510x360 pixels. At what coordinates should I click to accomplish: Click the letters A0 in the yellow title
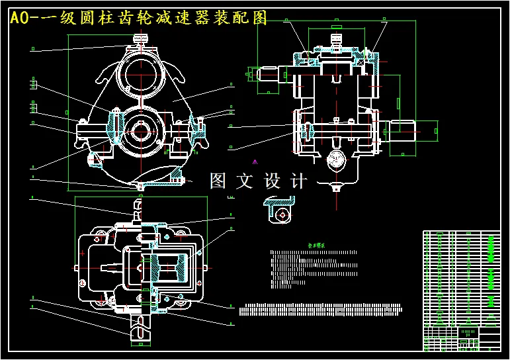click(19, 19)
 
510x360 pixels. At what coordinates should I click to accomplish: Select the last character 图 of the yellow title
click(260, 19)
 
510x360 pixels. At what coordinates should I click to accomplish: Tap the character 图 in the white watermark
click(218, 181)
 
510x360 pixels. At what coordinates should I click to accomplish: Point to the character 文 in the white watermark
click(245, 181)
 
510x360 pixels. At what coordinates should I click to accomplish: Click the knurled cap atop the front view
click(140, 42)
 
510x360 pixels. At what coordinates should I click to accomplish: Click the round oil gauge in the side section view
click(337, 161)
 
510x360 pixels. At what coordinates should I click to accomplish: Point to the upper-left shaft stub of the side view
click(268, 75)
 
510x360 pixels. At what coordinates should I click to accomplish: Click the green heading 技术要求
click(317, 244)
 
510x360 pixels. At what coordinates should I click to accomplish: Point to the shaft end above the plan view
click(138, 211)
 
